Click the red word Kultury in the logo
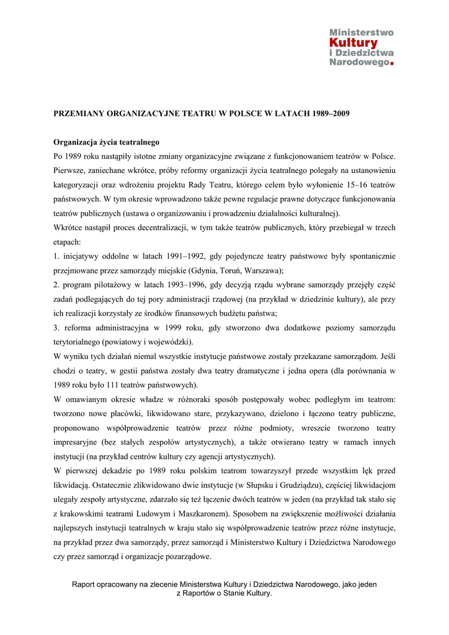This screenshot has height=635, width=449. click(x=353, y=43)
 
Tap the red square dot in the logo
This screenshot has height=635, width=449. click(x=391, y=63)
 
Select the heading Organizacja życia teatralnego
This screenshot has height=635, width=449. click(x=107, y=142)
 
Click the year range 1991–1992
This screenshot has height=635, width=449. click(x=177, y=256)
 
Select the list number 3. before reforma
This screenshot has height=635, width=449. click(x=56, y=327)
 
